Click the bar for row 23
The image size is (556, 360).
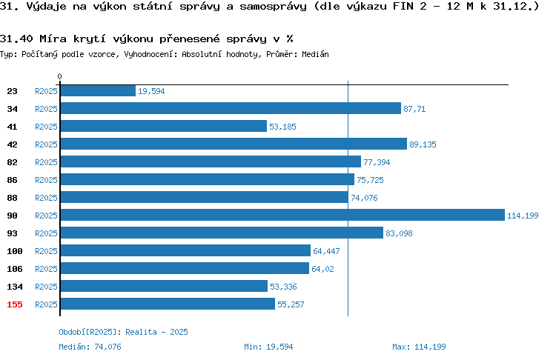pos(98,90)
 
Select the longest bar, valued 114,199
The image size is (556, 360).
pos(282,215)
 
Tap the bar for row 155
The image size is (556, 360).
pos(168,304)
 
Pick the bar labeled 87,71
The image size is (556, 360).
pos(231,108)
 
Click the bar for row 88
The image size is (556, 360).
pos(205,197)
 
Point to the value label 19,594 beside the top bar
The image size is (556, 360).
pos(151,91)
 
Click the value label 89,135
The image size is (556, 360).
pos(423,144)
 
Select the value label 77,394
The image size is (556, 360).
pos(377,162)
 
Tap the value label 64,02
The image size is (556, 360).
pos(322,269)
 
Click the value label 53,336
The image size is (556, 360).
pos(283,287)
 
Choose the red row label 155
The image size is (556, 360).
pos(15,304)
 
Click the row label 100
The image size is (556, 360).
pos(15,251)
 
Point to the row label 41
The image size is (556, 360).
pos(12,127)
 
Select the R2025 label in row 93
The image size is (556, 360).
pos(46,233)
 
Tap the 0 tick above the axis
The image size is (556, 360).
pos(59,76)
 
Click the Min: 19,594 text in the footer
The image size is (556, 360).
pos(268,347)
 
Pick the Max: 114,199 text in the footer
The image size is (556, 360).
pos(419,347)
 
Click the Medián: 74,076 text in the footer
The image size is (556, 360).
pos(90,347)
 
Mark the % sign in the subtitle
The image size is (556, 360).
pos(290,39)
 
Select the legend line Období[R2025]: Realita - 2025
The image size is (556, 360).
pos(123,332)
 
